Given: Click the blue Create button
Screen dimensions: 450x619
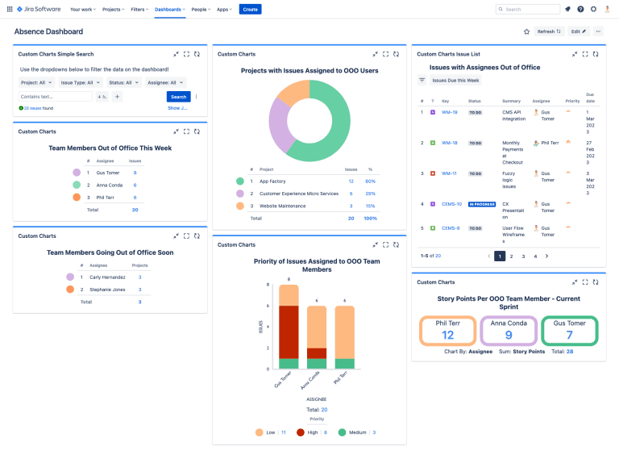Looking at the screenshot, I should pyautogui.click(x=250, y=9).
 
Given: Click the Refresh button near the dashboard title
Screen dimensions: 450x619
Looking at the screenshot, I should pyautogui.click(x=549, y=31).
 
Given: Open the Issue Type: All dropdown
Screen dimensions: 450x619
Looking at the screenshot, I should pyautogui.click(x=81, y=82).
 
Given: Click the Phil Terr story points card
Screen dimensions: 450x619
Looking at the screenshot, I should pyautogui.click(x=448, y=331).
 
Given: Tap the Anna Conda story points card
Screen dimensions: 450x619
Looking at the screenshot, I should pyautogui.click(x=509, y=331).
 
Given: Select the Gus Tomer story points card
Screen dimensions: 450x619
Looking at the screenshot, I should pyautogui.click(x=569, y=331).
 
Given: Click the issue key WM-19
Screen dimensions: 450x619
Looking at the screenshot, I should pyautogui.click(x=450, y=112).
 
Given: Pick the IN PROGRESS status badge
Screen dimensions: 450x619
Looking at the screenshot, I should pyautogui.click(x=481, y=204).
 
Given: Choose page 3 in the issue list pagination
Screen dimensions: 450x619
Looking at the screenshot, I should pyautogui.click(x=523, y=256).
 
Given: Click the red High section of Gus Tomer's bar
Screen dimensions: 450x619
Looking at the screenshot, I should pyautogui.click(x=289, y=331).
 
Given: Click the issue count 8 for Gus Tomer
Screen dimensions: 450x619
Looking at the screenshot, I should pyautogui.click(x=135, y=173).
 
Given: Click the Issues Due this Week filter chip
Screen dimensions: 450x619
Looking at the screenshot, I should pyautogui.click(x=456, y=81).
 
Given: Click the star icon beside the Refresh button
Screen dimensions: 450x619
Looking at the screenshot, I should pyautogui.click(x=526, y=31).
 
